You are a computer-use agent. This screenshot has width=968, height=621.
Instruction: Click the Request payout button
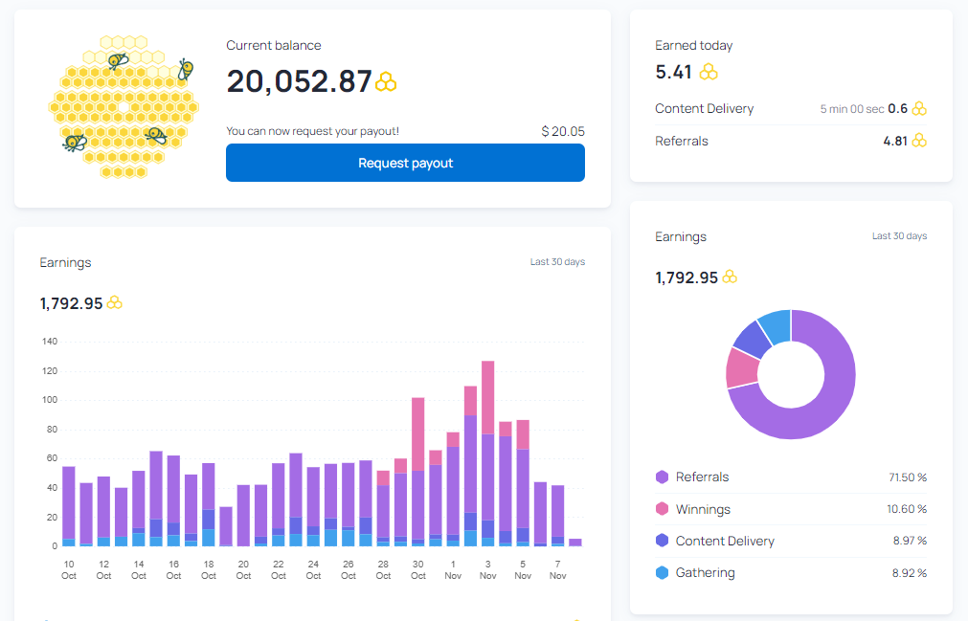(x=405, y=163)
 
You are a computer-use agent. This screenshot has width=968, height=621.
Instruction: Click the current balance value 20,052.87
(x=299, y=81)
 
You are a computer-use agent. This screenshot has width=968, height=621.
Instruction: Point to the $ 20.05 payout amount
(x=563, y=131)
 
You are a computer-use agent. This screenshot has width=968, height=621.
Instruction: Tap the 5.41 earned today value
(x=673, y=72)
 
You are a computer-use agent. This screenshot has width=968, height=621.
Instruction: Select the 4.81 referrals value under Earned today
(x=895, y=142)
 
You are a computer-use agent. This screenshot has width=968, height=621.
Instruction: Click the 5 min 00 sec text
(x=852, y=109)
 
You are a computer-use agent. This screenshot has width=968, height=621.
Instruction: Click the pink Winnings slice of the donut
(x=741, y=368)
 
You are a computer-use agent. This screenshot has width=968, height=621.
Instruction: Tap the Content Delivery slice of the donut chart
(x=753, y=339)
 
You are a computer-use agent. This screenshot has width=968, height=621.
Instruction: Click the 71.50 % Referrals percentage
(x=908, y=477)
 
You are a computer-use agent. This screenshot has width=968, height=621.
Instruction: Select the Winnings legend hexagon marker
(x=662, y=509)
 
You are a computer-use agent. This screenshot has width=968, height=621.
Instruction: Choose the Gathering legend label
(x=705, y=573)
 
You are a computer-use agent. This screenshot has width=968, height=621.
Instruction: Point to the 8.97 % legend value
(x=910, y=541)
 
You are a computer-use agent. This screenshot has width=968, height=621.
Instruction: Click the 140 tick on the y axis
(x=50, y=342)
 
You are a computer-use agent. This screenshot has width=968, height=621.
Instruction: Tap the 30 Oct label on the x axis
(x=418, y=570)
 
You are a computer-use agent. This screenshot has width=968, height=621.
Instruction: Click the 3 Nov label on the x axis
(x=487, y=570)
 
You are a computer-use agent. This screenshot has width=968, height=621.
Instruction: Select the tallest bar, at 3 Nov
(x=487, y=454)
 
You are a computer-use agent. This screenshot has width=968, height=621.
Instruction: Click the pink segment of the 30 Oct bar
(x=418, y=434)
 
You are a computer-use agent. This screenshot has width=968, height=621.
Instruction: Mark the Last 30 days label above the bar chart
(x=557, y=262)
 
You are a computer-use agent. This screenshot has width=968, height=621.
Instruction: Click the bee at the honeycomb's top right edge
(x=185, y=70)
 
